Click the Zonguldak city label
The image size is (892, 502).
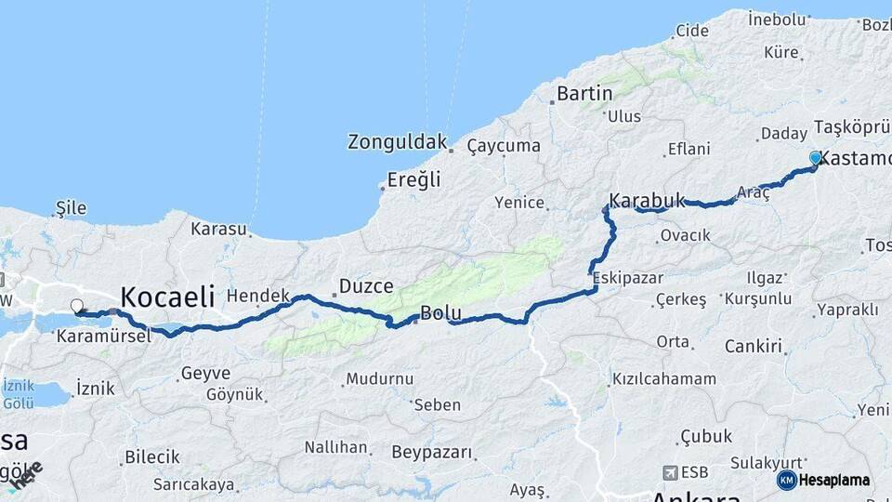click(x=397, y=142)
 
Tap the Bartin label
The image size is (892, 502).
click(x=584, y=93)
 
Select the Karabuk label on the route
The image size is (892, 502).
click(x=647, y=200)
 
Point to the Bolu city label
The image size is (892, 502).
click(x=439, y=313)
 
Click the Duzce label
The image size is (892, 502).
click(x=366, y=286)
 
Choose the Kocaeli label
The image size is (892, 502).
click(x=167, y=297)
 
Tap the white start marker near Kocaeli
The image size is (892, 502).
click(x=77, y=305)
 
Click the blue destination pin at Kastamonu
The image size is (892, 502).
click(x=816, y=158)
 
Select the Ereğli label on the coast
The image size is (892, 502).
click(x=414, y=179)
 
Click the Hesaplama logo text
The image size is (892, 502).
click(x=834, y=481)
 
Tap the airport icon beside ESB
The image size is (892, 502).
click(x=670, y=472)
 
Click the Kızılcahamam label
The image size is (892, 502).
click(x=663, y=379)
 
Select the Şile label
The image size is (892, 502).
click(x=71, y=206)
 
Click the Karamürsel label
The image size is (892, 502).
click(x=103, y=336)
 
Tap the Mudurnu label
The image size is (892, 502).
click(x=379, y=379)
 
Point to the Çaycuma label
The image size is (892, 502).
click(x=504, y=146)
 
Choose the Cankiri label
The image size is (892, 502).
click(x=752, y=346)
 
